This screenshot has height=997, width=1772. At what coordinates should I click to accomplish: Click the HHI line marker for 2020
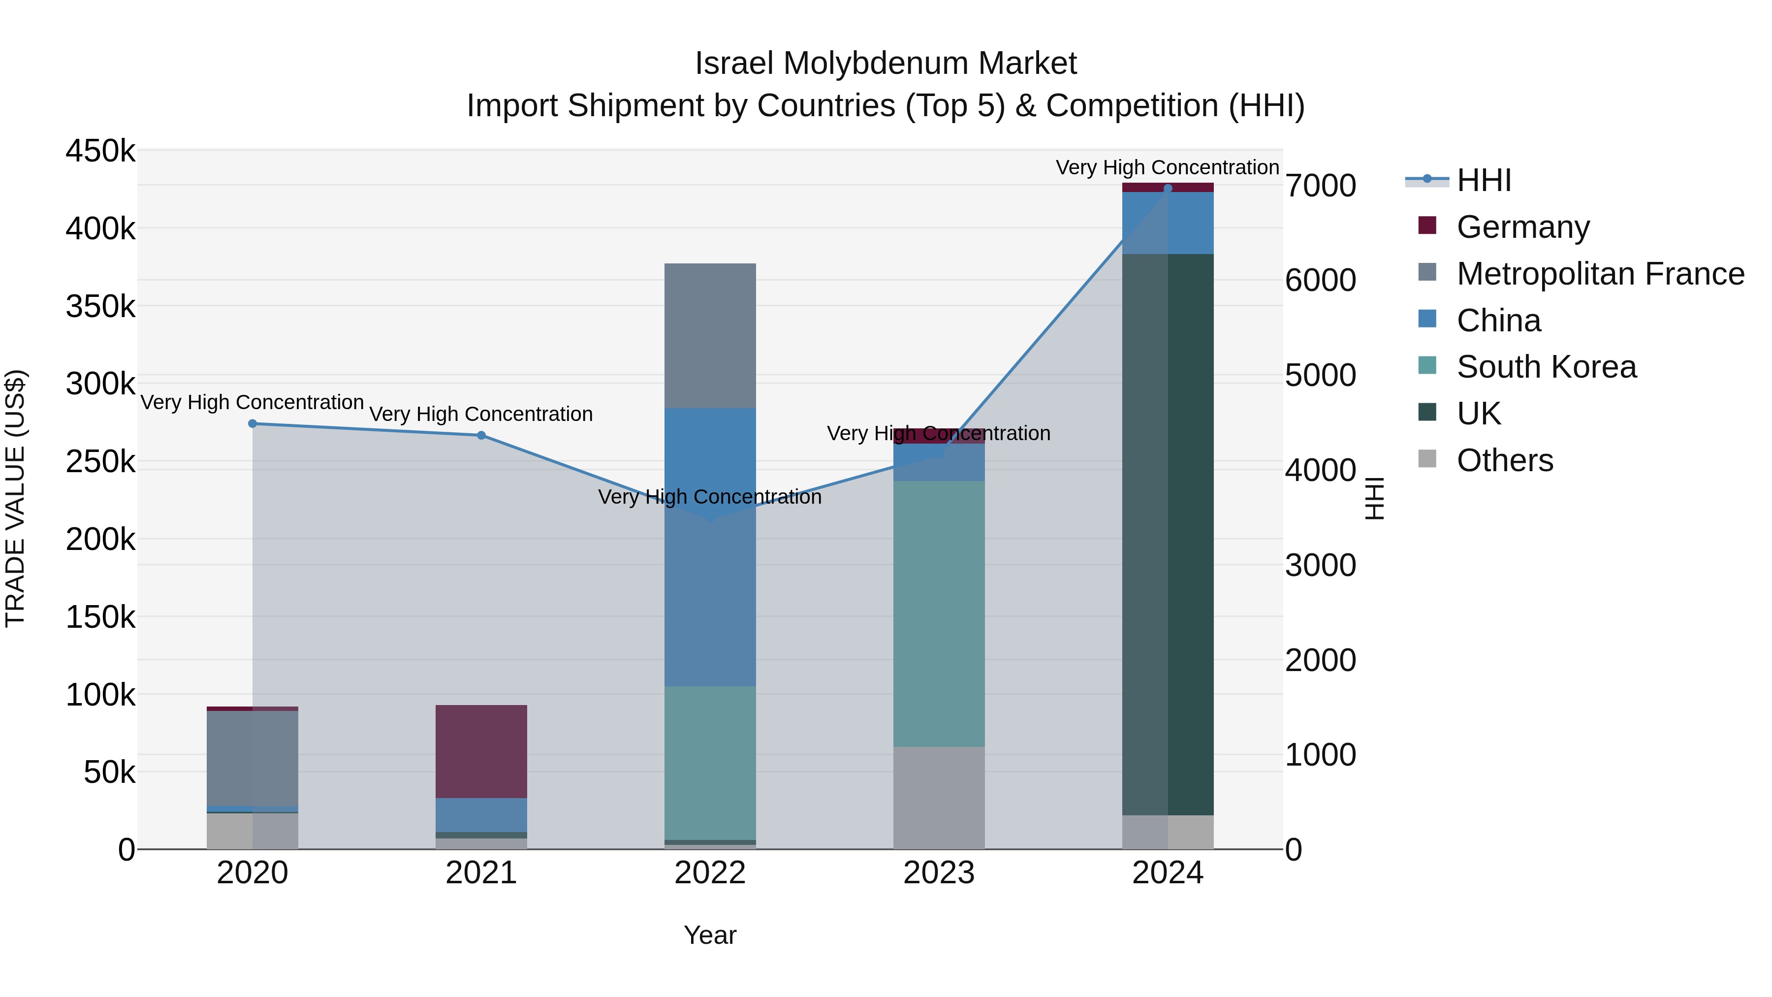[x=253, y=424]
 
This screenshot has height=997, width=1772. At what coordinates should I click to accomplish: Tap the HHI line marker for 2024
[x=1168, y=189]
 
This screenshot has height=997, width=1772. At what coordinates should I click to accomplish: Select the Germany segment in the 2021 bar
[x=481, y=751]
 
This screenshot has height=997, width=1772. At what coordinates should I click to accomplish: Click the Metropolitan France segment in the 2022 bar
[x=710, y=336]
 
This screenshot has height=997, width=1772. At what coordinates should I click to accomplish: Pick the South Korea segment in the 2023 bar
[x=939, y=614]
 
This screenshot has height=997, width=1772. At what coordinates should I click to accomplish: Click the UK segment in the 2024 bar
[x=1168, y=535]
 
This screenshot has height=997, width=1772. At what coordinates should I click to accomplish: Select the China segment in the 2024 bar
[x=1168, y=223]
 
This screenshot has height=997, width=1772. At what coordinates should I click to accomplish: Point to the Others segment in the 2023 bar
[x=939, y=798]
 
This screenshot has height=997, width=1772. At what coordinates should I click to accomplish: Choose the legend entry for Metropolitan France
[x=1600, y=274]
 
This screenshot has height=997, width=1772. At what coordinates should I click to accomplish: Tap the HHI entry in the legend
[x=1484, y=180]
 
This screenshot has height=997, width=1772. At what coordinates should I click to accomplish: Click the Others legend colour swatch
[x=1427, y=459]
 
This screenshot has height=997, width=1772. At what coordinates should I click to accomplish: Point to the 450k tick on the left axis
[x=100, y=151]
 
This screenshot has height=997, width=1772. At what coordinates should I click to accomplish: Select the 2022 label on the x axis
[x=710, y=873]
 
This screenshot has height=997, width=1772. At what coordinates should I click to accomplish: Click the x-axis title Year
[x=710, y=935]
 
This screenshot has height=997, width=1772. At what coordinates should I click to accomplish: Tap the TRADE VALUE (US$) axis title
[x=15, y=498]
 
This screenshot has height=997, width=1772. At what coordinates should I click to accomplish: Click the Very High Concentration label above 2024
[x=1168, y=167]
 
